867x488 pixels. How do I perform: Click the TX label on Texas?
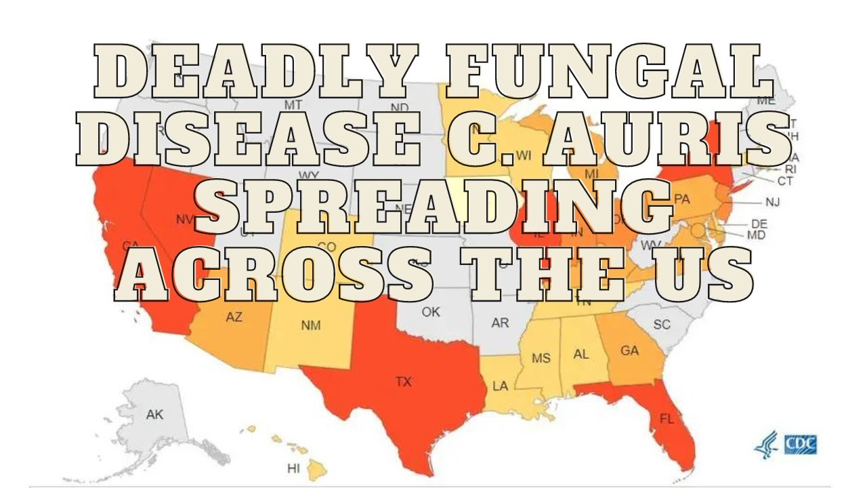[x=404, y=382]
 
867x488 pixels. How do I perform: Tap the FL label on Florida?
[x=667, y=419]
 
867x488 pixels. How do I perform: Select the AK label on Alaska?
[x=155, y=415]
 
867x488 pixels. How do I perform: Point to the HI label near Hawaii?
[x=293, y=468]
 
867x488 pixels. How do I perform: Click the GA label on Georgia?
[x=630, y=351]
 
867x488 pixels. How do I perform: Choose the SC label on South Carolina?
[x=662, y=325]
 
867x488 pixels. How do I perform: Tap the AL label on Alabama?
[x=581, y=354]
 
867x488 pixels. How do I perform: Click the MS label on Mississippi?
[x=541, y=358]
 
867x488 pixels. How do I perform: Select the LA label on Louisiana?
[x=500, y=386]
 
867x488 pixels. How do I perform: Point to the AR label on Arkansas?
[x=500, y=323]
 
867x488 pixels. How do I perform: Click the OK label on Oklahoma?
[x=431, y=312]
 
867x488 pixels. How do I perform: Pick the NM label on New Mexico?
[x=311, y=325]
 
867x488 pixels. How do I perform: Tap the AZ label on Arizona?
[x=234, y=317]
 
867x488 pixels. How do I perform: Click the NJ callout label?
[x=773, y=202]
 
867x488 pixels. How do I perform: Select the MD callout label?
[x=756, y=235]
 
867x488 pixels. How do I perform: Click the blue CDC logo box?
[x=800, y=445]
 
